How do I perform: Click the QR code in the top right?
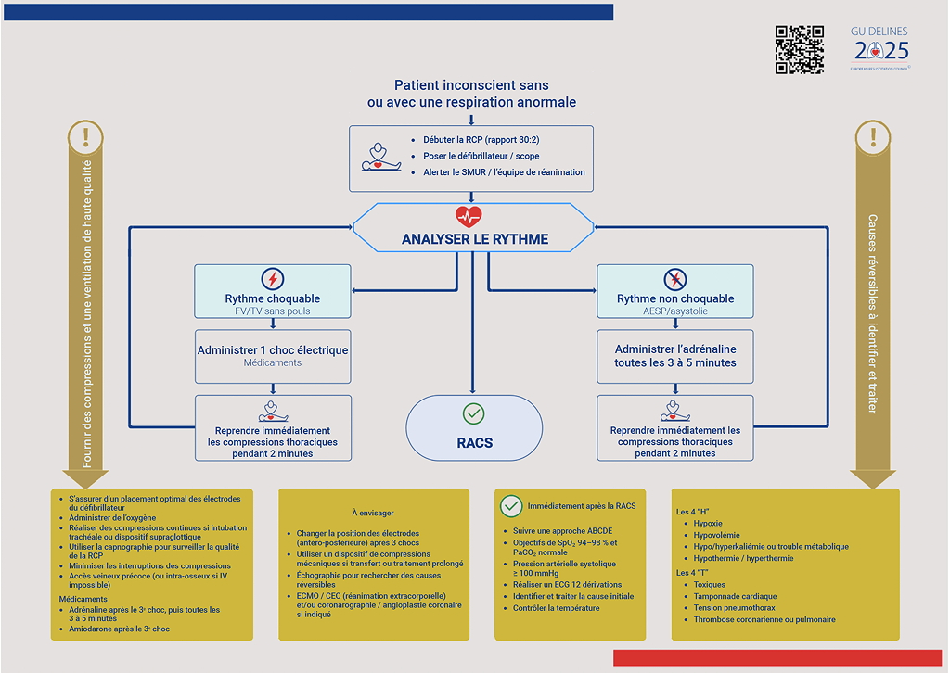tap(799, 49)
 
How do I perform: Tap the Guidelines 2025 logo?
tap(880, 48)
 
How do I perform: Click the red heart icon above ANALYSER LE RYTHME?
tap(469, 217)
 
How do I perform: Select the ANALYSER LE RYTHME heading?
tap(474, 239)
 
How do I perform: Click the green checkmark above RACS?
tap(474, 413)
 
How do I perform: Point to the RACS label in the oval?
tap(474, 443)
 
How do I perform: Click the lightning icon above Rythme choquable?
tap(273, 279)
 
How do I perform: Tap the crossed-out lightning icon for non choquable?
tap(674, 279)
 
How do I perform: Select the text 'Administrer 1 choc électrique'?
tap(273, 350)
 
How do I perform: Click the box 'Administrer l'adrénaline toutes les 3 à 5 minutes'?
tap(674, 356)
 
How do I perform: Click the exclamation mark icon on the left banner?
tap(86, 138)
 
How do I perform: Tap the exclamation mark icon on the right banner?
tap(872, 138)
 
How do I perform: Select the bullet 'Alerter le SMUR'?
tap(504, 172)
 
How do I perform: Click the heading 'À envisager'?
tap(371, 513)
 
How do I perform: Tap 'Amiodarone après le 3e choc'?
tap(120, 629)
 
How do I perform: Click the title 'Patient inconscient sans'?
tap(471, 84)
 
